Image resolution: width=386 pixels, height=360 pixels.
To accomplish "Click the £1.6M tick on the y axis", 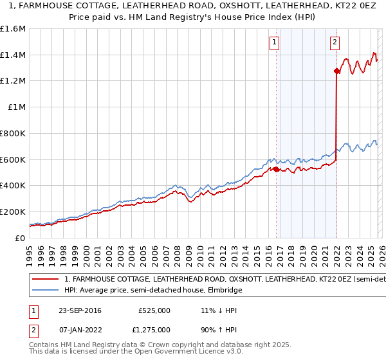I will (13, 29).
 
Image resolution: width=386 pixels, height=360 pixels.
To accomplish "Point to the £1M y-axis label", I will (15, 107).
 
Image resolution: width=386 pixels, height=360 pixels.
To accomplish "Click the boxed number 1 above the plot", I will (275, 43).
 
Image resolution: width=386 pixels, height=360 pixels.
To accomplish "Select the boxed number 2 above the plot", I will (335, 43).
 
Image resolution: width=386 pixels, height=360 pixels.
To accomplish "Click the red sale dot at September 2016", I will (276, 169).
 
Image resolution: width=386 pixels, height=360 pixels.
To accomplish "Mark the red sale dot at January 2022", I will (336, 71).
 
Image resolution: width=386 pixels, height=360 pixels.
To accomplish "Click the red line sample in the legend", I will (46, 280).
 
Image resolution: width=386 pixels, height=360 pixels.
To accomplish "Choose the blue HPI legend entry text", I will (153, 291).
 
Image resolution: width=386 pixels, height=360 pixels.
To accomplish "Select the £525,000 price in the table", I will (154, 310).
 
